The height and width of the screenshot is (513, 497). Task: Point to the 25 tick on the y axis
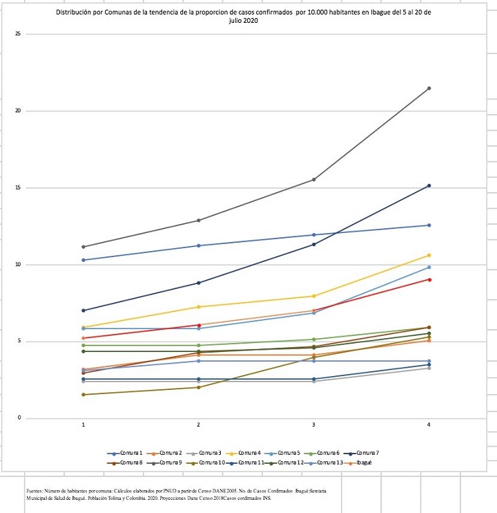point(27,35)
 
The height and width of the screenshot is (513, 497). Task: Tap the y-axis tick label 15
point(27,188)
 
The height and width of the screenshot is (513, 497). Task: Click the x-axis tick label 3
point(314,425)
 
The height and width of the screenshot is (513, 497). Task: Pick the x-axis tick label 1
point(84,425)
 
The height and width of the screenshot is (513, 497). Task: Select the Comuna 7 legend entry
point(367,452)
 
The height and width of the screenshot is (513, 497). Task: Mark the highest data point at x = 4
point(429,88)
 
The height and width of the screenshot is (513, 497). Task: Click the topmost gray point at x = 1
point(84,247)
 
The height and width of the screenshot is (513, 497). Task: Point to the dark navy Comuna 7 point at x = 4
point(429,186)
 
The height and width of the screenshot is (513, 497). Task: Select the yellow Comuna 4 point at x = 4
point(429,255)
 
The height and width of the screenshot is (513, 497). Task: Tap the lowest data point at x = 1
point(84,395)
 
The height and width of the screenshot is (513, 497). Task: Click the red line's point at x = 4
point(429,279)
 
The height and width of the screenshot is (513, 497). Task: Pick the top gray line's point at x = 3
point(314,180)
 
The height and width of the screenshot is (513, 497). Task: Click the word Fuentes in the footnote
point(33,489)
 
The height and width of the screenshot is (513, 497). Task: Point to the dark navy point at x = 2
point(199,283)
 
